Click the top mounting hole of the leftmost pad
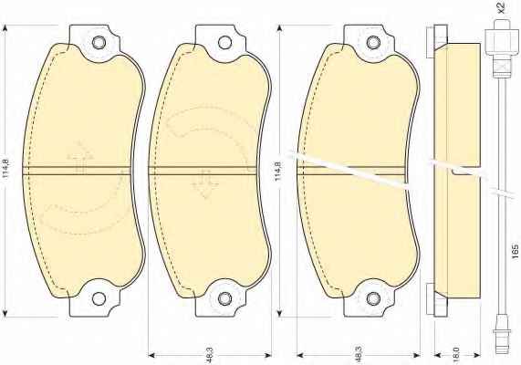click(x=99, y=43)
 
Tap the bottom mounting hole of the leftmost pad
click(x=99, y=298)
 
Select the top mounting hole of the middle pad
click(x=225, y=43)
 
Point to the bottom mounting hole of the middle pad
click(x=225, y=298)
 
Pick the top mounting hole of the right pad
click(x=373, y=43)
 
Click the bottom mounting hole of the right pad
click(x=373, y=298)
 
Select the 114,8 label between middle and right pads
click(x=277, y=172)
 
